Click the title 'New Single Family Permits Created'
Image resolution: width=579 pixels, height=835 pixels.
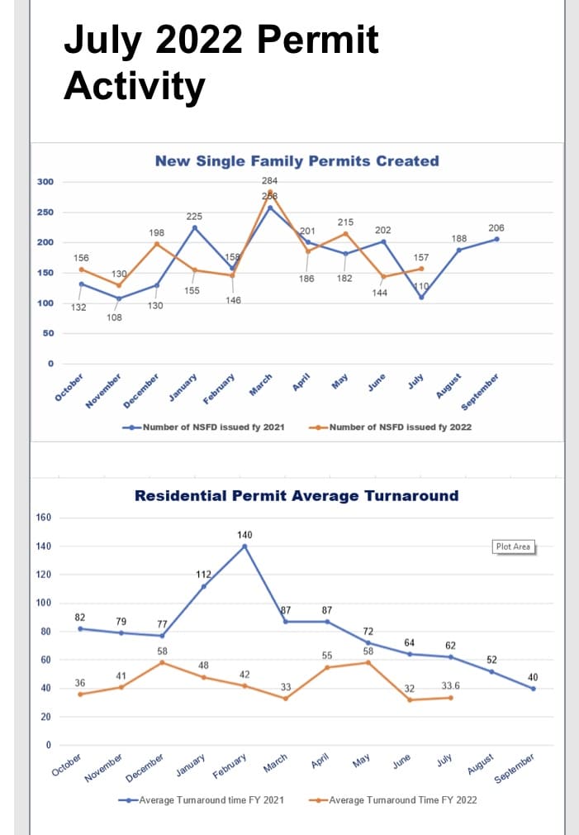point(297,161)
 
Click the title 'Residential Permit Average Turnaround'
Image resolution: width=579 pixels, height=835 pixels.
point(296,496)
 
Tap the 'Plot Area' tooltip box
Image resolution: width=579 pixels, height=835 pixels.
point(513,546)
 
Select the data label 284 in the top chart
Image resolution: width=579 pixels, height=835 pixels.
point(269,180)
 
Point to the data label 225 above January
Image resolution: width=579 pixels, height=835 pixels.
point(194,216)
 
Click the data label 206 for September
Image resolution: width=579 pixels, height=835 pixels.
point(496,227)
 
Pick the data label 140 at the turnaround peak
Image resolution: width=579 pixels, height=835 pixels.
point(244,535)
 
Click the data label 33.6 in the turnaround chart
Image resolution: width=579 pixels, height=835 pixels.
point(451,686)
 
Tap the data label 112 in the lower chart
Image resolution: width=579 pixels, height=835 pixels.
point(203,574)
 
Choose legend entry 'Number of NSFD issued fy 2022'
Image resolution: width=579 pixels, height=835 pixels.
point(400,427)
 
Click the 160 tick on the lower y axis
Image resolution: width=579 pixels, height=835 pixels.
point(44,518)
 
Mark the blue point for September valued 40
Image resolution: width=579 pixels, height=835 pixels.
point(534,688)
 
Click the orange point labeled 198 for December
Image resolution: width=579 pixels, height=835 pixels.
point(157,244)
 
